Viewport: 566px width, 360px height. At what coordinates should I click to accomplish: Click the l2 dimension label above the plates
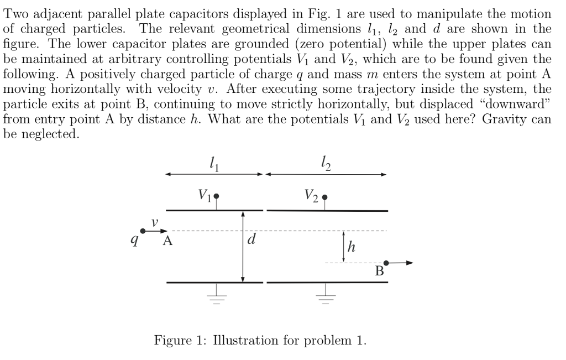click(x=326, y=164)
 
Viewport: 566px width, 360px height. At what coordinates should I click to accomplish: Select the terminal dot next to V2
click(x=324, y=196)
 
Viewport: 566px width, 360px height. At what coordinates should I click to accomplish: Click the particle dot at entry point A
click(x=143, y=231)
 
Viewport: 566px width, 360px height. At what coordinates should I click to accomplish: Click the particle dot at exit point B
click(x=386, y=263)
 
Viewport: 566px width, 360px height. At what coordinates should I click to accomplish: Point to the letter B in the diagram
click(x=379, y=273)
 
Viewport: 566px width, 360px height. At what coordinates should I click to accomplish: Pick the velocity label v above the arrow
click(x=155, y=221)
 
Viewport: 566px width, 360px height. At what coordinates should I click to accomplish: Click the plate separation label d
click(x=251, y=241)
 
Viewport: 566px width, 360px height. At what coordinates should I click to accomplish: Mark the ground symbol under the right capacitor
click(x=324, y=299)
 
